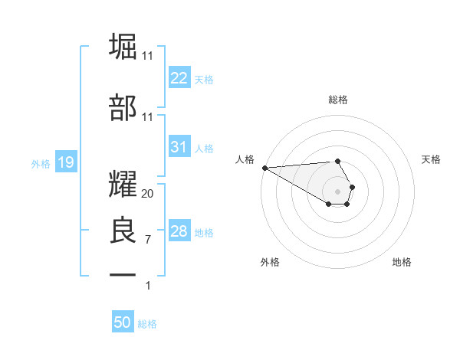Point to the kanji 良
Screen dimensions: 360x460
coord(123,230)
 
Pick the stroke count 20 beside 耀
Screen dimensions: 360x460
coord(148,193)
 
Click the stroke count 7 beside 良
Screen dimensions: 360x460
coord(147,240)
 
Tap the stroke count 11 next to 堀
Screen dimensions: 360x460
coord(148,55)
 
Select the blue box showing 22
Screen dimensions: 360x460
coord(179,78)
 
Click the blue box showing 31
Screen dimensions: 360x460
coord(179,148)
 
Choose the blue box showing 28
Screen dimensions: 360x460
coord(179,231)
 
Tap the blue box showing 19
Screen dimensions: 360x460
coord(65,162)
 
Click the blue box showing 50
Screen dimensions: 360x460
coord(123,322)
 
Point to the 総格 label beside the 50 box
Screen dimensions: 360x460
coord(147,324)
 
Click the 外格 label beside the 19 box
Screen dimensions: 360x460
coord(41,163)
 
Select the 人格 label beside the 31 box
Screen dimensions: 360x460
coord(204,149)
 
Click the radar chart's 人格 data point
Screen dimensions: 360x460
coord(264,168)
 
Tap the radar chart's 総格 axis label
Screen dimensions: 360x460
coord(337,100)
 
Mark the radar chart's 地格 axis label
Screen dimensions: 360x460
coord(402,262)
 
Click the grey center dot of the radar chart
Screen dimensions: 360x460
coord(337,190)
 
